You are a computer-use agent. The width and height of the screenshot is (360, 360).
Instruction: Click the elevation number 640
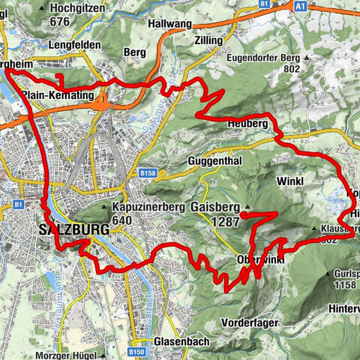121,220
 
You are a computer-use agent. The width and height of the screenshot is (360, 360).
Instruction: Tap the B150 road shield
136,351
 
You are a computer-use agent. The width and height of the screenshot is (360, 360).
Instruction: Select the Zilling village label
208,40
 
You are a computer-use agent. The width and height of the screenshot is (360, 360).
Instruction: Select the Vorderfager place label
251,322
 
